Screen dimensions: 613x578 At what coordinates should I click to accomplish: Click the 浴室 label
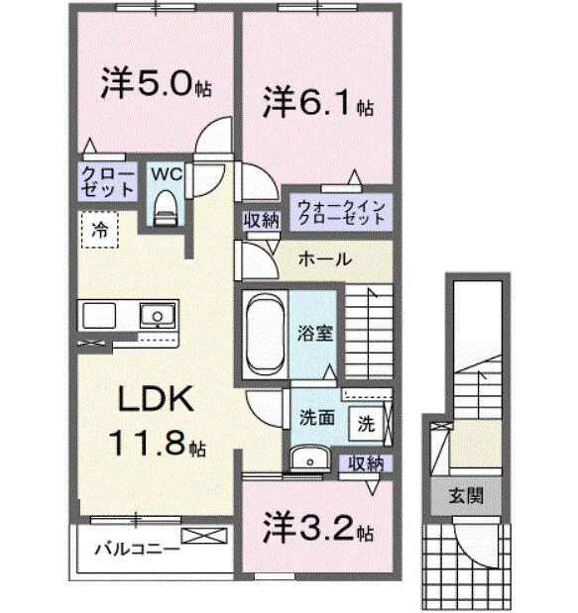coord(316,334)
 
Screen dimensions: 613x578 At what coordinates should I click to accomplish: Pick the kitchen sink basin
coord(157,317)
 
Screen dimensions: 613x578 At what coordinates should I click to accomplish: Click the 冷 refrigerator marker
coord(100,228)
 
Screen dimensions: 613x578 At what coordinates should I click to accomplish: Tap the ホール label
coord(323,258)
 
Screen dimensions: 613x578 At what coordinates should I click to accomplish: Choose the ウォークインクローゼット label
coord(338,212)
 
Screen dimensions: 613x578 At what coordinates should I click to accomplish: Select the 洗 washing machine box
coord(366,422)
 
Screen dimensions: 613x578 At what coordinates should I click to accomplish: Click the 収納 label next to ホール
coord(261,220)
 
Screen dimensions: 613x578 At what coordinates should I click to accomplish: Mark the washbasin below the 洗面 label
coord(310,457)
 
